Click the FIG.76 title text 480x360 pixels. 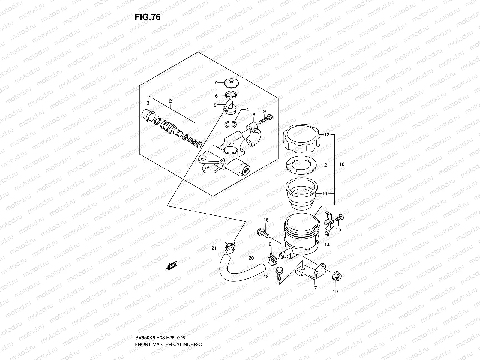pos(148,17)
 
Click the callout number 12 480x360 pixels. pos(324,165)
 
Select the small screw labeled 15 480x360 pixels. pos(340,218)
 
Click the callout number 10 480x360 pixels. pos(342,164)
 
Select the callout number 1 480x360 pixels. pos(172,57)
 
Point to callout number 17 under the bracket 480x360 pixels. pos(314,288)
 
